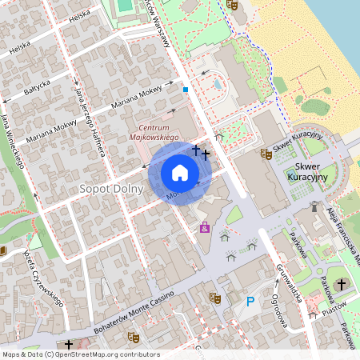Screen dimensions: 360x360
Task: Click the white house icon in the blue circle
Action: pyautogui.click(x=180, y=173)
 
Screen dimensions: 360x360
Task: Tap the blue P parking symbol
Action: pyautogui.click(x=250, y=302)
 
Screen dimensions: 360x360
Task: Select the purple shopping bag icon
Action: pyautogui.click(x=206, y=228)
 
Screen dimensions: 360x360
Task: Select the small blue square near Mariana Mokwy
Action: pyautogui.click(x=186, y=90)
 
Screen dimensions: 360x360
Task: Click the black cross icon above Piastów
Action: pyautogui.click(x=342, y=285)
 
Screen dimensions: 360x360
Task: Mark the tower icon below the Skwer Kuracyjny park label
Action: pyautogui.click(x=314, y=206)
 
